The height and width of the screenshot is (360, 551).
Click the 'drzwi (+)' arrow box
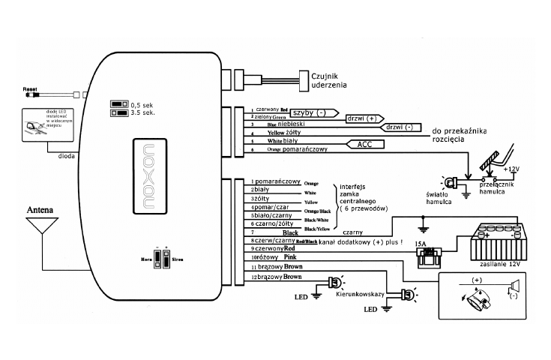365,118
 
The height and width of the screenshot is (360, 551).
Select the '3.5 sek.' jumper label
142,113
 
